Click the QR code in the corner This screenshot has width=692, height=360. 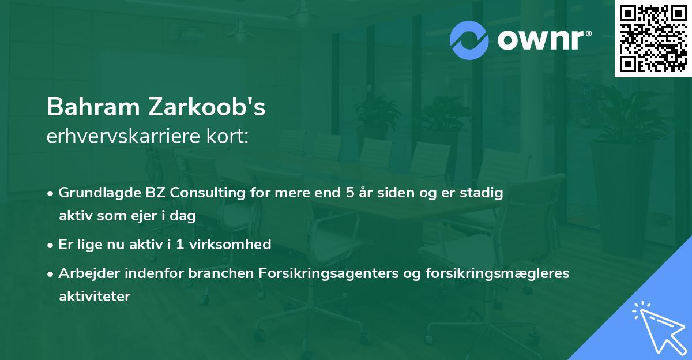(653, 39)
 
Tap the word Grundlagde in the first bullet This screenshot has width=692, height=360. (93, 193)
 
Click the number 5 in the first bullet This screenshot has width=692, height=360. (349, 193)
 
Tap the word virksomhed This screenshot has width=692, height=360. (236, 245)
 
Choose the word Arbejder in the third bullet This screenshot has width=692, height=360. (85, 273)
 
